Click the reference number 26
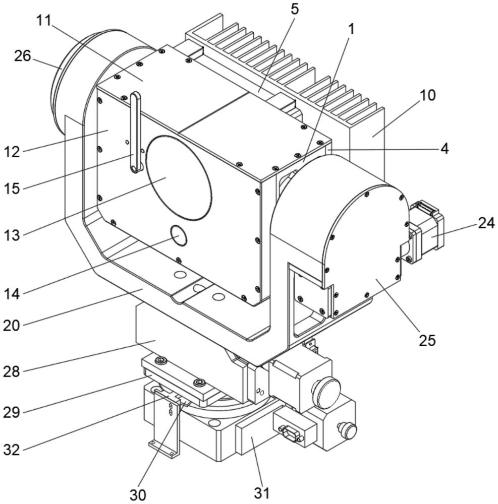click(23, 56)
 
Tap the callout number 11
click(43, 21)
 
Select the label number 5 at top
click(294, 10)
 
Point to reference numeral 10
click(427, 95)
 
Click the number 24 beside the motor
click(486, 223)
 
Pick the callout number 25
click(427, 340)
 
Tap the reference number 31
click(261, 493)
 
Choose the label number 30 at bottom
click(138, 495)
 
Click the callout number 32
click(12, 450)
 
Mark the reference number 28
click(12, 371)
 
